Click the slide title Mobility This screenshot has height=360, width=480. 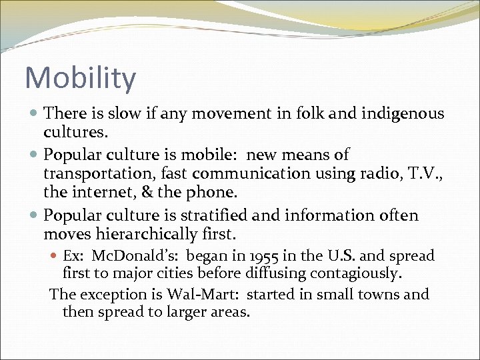80,78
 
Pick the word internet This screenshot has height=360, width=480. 96,193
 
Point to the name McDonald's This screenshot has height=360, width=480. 135,256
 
